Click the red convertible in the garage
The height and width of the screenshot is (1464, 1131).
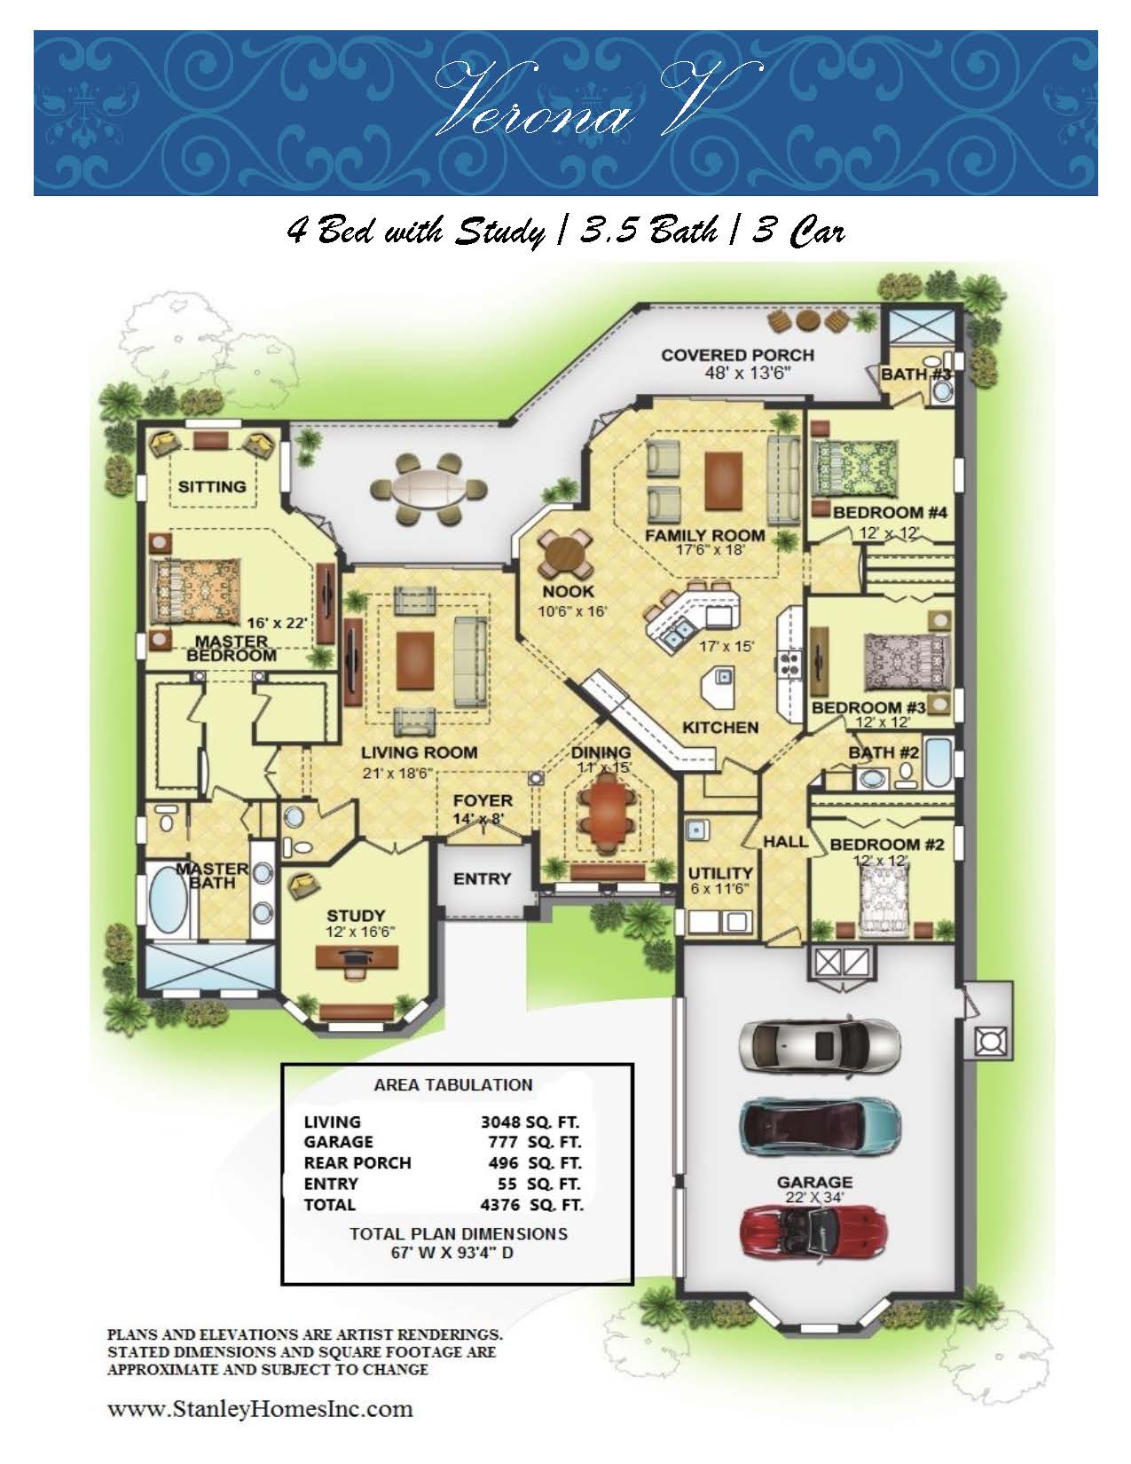(x=813, y=1232)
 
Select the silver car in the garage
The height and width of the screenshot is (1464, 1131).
(x=819, y=1045)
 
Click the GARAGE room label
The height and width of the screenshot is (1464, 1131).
(x=814, y=1182)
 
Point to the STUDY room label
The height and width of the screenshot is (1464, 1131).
(x=356, y=915)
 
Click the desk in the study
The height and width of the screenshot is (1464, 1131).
(x=357, y=956)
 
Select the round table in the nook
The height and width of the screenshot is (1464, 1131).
(x=565, y=555)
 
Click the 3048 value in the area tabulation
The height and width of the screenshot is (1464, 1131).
(x=500, y=1122)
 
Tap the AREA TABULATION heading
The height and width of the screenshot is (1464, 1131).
(x=453, y=1085)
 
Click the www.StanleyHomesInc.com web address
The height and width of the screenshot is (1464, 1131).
(x=260, y=1409)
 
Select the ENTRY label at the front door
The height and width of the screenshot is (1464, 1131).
(x=482, y=878)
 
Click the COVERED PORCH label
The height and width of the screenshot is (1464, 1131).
(x=738, y=355)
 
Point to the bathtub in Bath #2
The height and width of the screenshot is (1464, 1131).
(x=939, y=763)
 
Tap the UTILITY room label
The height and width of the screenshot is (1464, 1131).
(x=719, y=873)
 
